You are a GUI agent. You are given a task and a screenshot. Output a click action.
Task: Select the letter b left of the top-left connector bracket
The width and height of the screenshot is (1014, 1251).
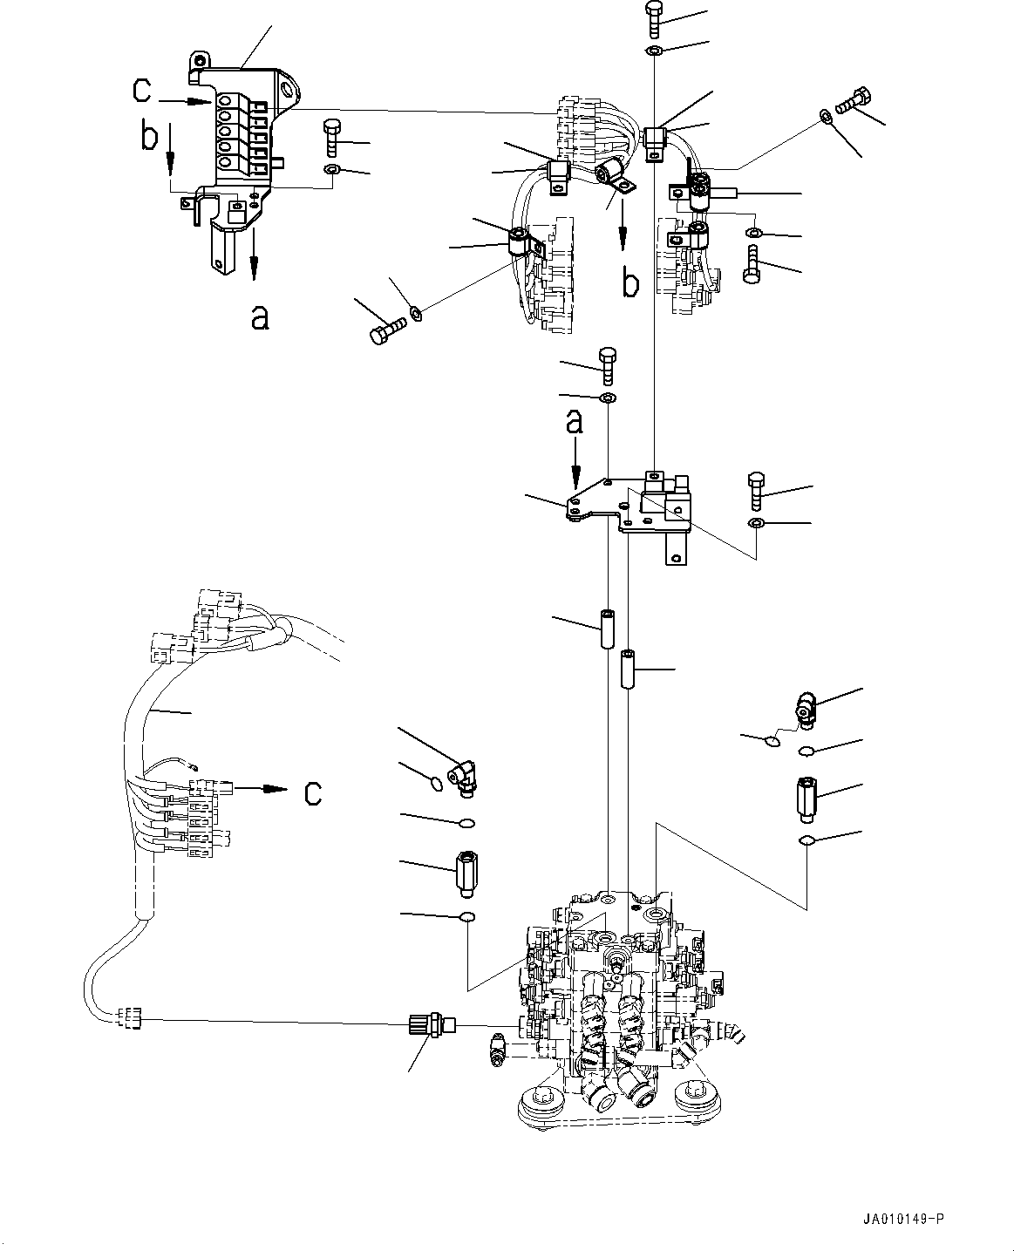point(150,138)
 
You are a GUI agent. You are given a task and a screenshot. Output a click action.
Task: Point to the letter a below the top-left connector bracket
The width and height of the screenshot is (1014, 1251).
point(259,319)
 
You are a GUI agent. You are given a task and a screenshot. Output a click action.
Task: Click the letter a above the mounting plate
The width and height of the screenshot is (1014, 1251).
point(574,424)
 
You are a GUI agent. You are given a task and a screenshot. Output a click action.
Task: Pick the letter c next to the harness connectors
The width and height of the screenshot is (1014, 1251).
point(312,792)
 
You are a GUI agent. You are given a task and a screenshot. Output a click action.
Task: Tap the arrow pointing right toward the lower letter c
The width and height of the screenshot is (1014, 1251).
point(262,789)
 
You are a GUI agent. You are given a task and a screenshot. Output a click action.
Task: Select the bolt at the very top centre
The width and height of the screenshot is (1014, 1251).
point(654,16)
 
